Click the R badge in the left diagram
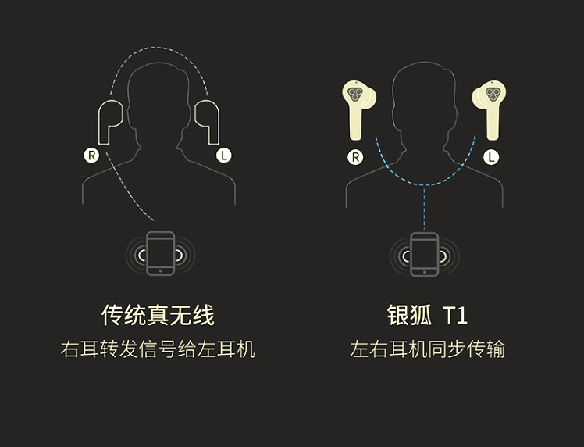[x=91, y=155]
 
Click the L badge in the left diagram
[x=224, y=155]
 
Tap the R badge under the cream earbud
[x=355, y=157]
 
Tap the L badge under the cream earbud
[x=491, y=157]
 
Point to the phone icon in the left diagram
[x=161, y=253]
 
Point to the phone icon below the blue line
[x=424, y=255]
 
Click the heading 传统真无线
[x=158, y=316]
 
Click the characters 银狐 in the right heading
[x=409, y=316]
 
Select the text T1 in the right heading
[x=455, y=316]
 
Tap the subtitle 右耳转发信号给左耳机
[x=158, y=349]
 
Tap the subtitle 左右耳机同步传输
[x=428, y=349]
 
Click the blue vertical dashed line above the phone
[x=424, y=208]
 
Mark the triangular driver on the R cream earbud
[x=354, y=94]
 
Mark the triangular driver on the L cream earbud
[x=493, y=94]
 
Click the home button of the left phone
[x=161, y=271]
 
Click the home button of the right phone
[x=424, y=272]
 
